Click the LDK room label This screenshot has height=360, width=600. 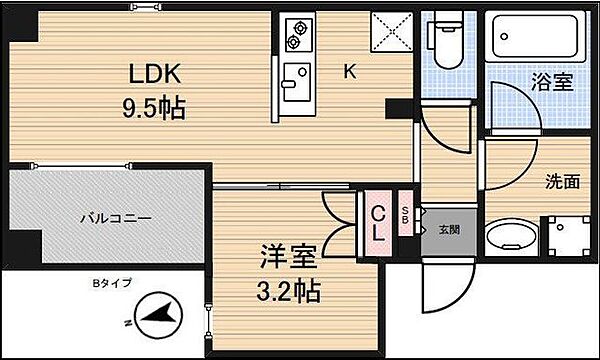(154, 73)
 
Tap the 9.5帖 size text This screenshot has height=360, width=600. (154, 108)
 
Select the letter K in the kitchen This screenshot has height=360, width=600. (350, 71)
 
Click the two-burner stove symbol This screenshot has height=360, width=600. (297, 35)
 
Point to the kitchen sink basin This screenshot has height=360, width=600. (297, 82)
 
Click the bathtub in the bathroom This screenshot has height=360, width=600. (535, 36)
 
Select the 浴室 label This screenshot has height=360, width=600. (552, 82)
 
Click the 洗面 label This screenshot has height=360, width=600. (562, 181)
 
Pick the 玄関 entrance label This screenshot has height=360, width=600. (449, 230)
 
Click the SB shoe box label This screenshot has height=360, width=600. (405, 216)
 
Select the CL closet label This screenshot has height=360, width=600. (378, 223)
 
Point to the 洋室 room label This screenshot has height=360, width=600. (289, 257)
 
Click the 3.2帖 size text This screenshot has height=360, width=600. (289, 292)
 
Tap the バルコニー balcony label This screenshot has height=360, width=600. (116, 218)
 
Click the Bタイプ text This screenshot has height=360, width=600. (112, 283)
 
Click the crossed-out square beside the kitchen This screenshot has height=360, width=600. (391, 32)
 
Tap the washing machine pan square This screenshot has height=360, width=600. (569, 236)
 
